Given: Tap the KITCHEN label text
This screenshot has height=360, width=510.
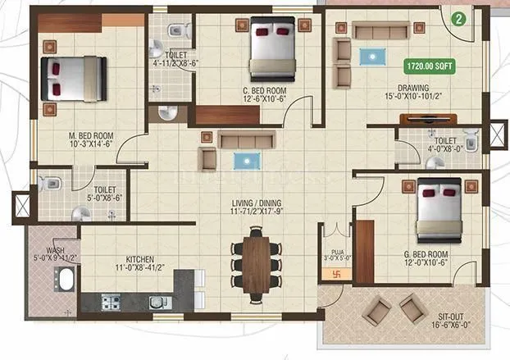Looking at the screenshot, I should coord(127,262).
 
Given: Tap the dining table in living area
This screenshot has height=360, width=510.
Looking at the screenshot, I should coord(256,263).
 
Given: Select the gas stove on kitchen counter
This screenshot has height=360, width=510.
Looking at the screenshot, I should coord(111,303).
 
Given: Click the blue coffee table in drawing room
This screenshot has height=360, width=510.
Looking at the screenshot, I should coord(374,56).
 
